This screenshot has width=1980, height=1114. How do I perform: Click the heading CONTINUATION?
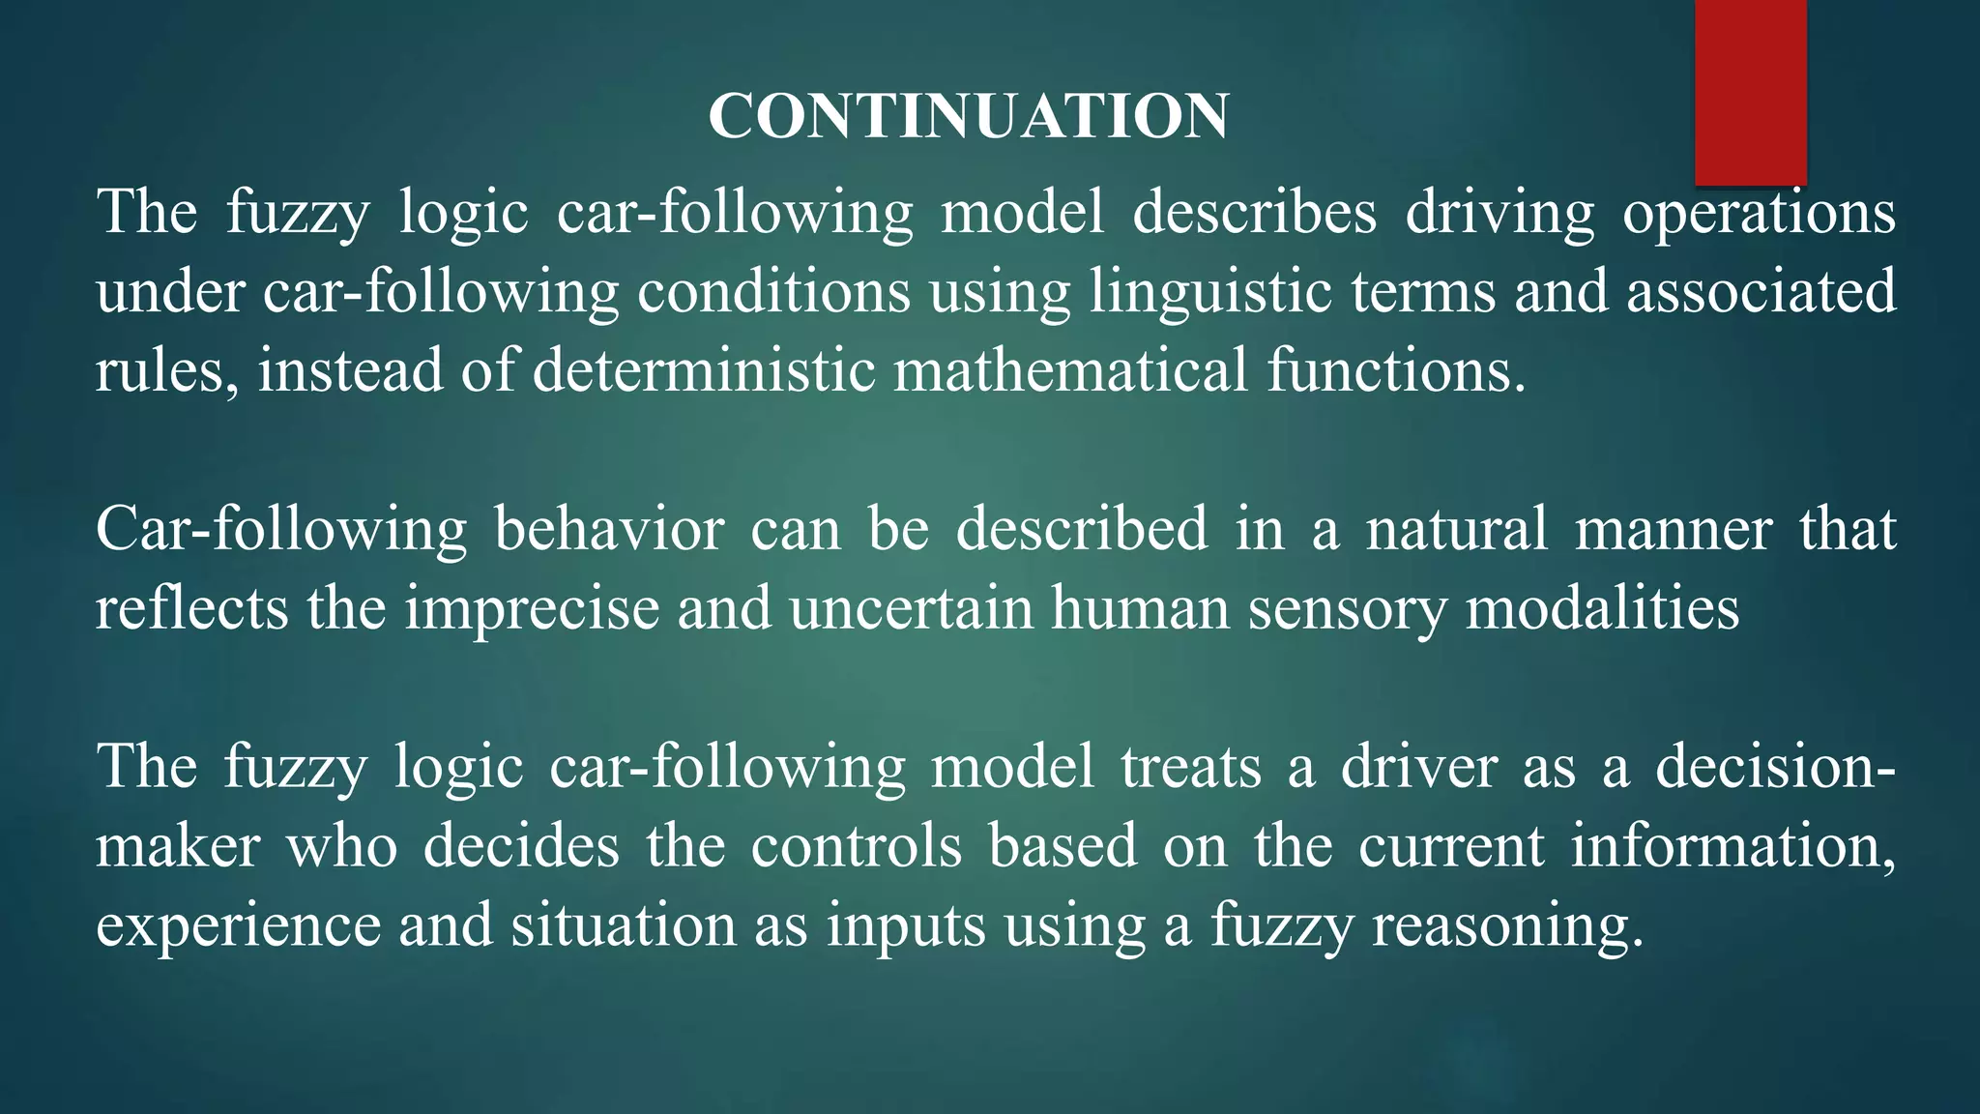(x=969, y=116)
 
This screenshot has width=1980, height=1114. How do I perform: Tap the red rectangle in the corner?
(x=1750, y=92)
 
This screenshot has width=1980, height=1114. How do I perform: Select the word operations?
(x=1759, y=213)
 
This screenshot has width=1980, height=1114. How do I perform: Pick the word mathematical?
(x=1070, y=371)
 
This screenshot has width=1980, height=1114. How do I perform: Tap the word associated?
(x=1761, y=292)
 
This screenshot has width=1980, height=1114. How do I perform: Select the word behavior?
(x=609, y=530)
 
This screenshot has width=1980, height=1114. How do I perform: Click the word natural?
(x=1456, y=530)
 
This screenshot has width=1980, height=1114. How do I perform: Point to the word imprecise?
(x=532, y=609)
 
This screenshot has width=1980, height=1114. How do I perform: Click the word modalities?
(x=1602, y=609)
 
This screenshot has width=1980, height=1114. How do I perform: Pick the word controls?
(x=856, y=847)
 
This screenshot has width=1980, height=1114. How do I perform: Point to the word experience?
(x=239, y=926)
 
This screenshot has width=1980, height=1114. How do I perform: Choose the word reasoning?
(x=1507, y=926)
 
